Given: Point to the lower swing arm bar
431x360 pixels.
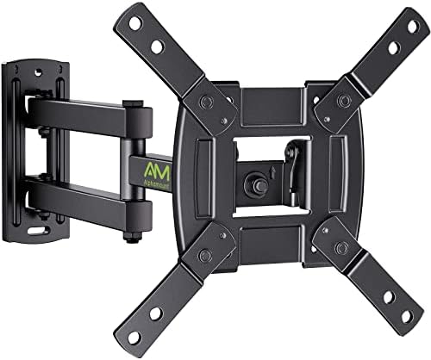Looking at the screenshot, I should pyautogui.click(x=82, y=200).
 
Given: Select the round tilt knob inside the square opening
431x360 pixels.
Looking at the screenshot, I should pyautogui.click(x=255, y=183).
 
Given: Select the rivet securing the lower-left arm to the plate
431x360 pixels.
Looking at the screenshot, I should pyautogui.click(x=204, y=256).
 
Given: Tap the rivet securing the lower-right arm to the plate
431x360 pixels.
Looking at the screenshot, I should pyautogui.click(x=342, y=248).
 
